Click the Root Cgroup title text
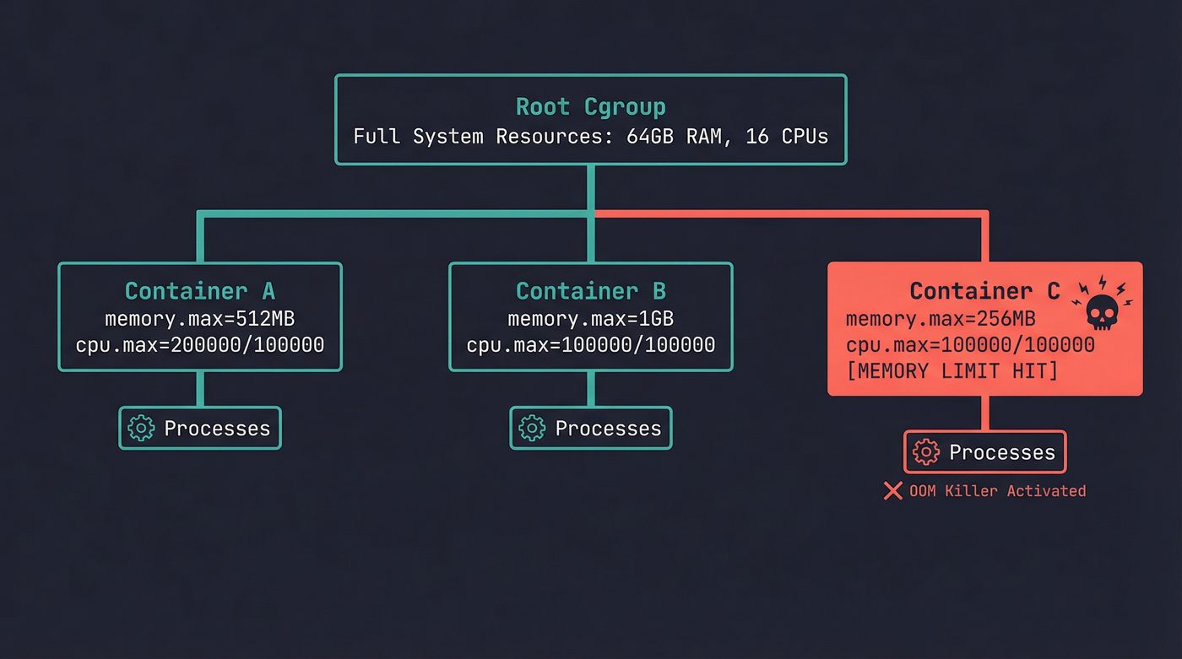[x=590, y=107]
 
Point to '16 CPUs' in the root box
[x=787, y=136]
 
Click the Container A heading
[x=200, y=291]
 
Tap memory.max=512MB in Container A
[x=200, y=319]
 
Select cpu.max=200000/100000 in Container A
[x=200, y=344]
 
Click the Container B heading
[x=590, y=291]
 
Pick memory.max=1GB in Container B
[x=590, y=319]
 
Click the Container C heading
[x=984, y=291]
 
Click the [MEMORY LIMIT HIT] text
[x=952, y=370]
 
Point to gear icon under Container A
[x=141, y=428]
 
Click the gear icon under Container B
[x=532, y=428]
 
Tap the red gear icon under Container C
[x=926, y=452]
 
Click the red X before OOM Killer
[x=892, y=491]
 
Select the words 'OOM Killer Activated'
[x=997, y=491]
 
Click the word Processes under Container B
[x=608, y=428]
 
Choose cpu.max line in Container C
[x=970, y=344]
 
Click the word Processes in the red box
[x=1002, y=452]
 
